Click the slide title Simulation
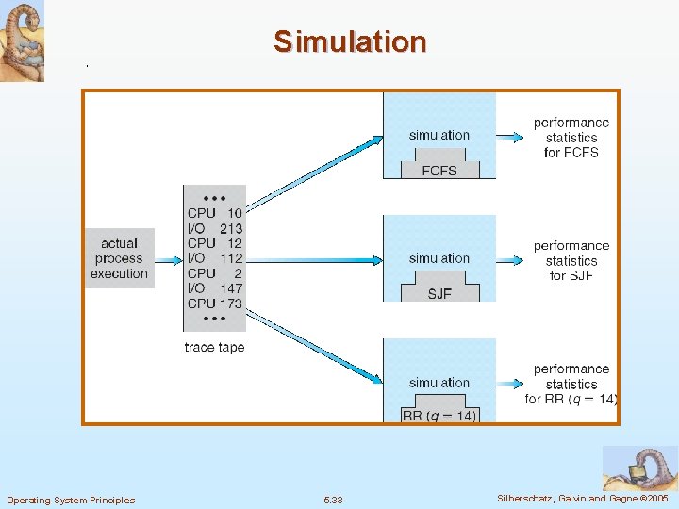click(350, 41)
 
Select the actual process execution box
click(120, 258)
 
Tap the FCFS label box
click(439, 170)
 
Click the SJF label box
click(439, 292)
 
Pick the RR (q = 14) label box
click(439, 415)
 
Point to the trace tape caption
click(214, 347)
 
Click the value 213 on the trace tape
click(230, 228)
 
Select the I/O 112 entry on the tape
click(214, 257)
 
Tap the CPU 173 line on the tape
click(214, 303)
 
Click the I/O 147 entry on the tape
click(214, 287)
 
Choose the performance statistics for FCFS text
click(571, 137)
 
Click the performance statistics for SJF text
click(571, 260)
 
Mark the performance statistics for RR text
click(571, 384)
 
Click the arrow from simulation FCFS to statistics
click(509, 137)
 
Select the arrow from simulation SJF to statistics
click(509, 259)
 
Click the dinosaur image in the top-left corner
click(22, 41)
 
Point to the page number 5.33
click(333, 500)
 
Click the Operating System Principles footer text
click(71, 500)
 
